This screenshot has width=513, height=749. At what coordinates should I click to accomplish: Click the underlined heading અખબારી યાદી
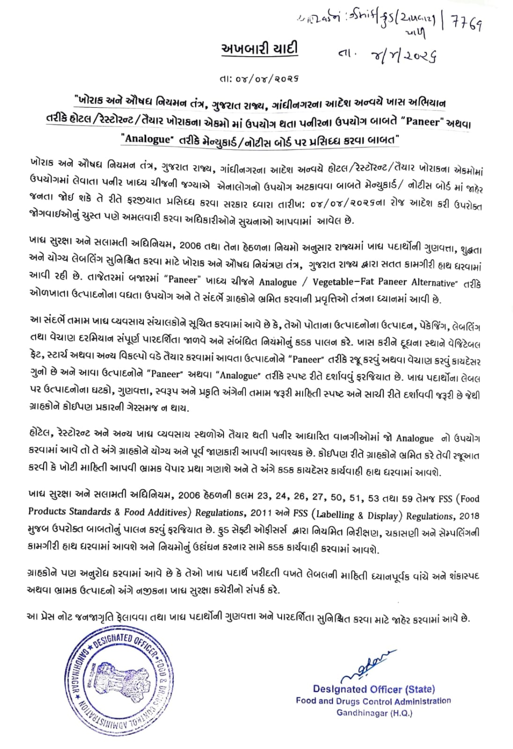(x=260, y=49)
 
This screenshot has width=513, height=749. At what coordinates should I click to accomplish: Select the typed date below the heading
(x=259, y=79)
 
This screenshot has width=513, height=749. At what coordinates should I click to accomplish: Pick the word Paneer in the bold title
(x=424, y=121)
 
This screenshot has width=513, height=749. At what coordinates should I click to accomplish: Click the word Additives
(x=168, y=512)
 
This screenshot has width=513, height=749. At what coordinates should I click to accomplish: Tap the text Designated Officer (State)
(x=374, y=689)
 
